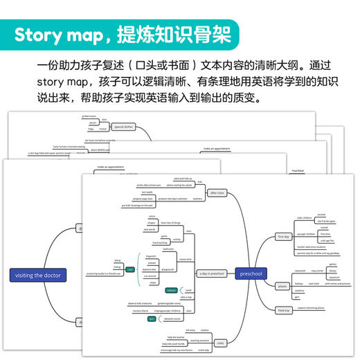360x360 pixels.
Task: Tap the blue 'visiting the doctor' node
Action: [39, 275]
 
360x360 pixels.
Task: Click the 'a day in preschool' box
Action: [213, 273]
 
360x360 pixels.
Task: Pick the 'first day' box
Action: [283, 237]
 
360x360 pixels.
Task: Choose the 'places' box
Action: [282, 285]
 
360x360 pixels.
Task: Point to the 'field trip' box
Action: [285, 310]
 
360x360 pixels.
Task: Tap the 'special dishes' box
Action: [124, 127]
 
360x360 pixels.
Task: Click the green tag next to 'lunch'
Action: [170, 291]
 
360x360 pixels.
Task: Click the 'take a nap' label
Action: [185, 297]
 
